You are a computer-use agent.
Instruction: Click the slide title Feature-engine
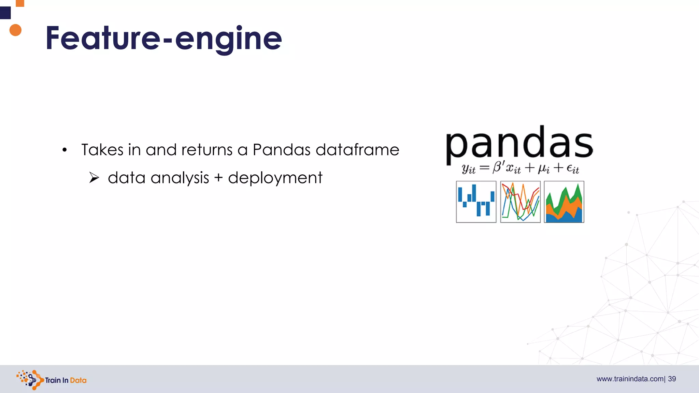pyautogui.click(x=164, y=38)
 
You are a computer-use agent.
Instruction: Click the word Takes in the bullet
pyautogui.click(x=102, y=150)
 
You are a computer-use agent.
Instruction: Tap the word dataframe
pyautogui.click(x=357, y=150)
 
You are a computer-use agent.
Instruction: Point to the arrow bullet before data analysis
pyautogui.click(x=94, y=178)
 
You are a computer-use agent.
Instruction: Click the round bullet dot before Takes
pyautogui.click(x=65, y=150)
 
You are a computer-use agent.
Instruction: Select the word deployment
pyautogui.click(x=275, y=178)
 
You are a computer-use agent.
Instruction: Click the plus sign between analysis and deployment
pyautogui.click(x=218, y=178)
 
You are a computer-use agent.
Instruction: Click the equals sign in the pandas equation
pyautogui.click(x=484, y=168)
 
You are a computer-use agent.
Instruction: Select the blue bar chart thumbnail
pyautogui.click(x=476, y=202)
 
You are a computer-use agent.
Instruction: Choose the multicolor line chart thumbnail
pyautogui.click(x=520, y=202)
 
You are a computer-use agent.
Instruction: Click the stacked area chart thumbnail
pyautogui.click(x=564, y=202)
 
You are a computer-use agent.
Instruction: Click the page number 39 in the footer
pyautogui.click(x=672, y=379)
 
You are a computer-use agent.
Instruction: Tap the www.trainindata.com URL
pyautogui.click(x=630, y=379)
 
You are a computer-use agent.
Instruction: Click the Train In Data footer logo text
pyautogui.click(x=66, y=380)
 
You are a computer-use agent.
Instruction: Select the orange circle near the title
pyautogui.click(x=15, y=30)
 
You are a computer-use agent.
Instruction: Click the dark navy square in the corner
pyautogui.click(x=5, y=13)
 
